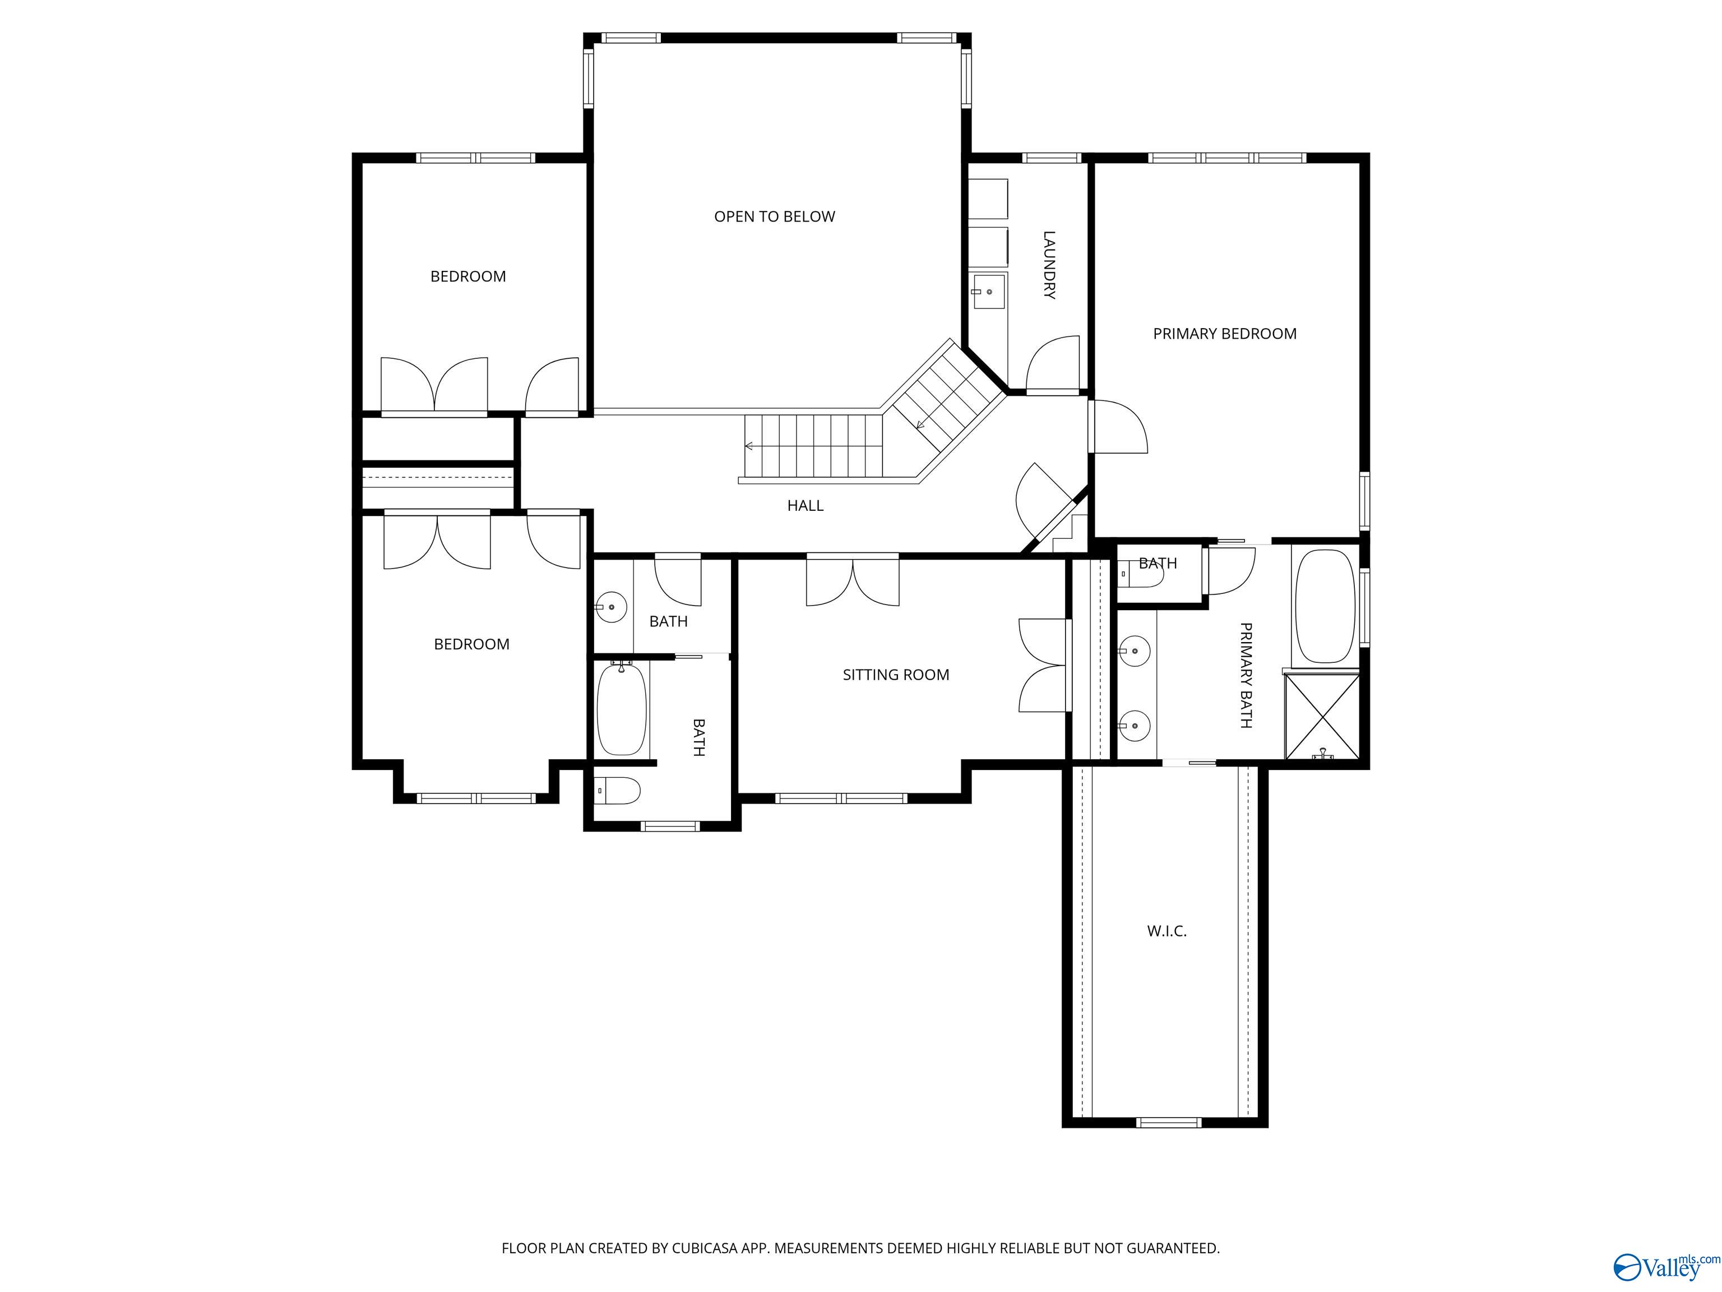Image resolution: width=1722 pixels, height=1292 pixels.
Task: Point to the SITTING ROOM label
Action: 895,675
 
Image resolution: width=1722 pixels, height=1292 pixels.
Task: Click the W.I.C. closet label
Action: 1166,931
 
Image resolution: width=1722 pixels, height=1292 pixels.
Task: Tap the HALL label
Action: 805,505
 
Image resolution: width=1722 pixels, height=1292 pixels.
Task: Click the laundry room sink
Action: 989,291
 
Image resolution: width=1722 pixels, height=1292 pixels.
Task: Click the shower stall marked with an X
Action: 1321,717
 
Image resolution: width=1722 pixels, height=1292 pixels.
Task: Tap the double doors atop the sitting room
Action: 853,580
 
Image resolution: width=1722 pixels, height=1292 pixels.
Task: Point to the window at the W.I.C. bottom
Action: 1169,1122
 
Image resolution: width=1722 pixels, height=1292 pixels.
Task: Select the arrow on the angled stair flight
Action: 922,424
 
